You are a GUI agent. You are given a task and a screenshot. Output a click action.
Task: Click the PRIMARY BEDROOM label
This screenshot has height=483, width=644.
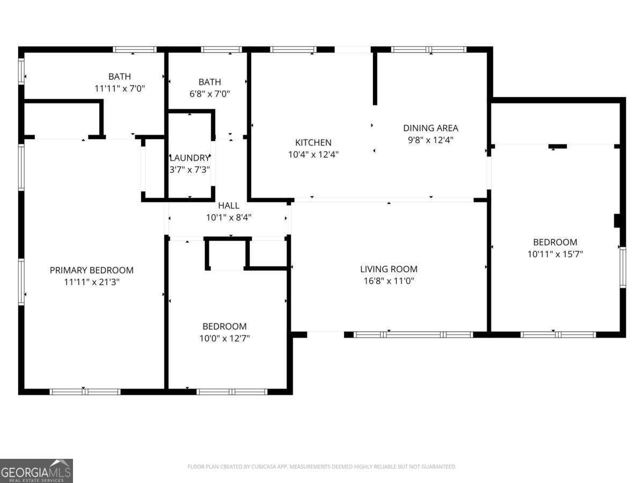click(92, 270)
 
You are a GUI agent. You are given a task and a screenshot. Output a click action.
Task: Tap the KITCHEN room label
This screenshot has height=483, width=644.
click(313, 143)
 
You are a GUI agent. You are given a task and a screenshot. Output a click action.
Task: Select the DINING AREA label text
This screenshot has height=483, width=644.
click(430, 128)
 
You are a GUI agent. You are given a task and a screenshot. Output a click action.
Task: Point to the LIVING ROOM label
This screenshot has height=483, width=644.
click(389, 269)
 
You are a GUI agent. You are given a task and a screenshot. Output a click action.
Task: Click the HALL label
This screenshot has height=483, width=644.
click(229, 206)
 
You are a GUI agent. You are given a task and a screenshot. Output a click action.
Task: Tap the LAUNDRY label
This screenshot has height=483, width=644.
click(189, 158)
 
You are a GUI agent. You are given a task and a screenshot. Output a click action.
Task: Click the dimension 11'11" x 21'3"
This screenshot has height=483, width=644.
click(92, 282)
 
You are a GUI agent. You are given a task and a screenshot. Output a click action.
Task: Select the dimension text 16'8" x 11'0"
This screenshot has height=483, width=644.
click(389, 281)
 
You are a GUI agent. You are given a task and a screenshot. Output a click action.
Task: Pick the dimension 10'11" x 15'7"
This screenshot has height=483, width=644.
click(555, 254)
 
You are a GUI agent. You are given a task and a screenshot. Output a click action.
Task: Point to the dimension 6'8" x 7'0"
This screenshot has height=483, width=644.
click(209, 93)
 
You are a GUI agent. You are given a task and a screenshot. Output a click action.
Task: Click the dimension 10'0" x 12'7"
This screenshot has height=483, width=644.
click(224, 338)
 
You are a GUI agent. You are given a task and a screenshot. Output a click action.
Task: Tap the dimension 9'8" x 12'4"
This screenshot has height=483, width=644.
click(430, 140)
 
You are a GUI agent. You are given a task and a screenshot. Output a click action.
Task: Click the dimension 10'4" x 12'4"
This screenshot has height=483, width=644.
click(313, 154)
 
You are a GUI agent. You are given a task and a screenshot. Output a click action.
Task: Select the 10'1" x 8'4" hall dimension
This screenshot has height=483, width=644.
click(229, 217)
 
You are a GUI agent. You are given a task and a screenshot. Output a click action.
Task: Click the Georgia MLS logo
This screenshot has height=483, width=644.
click(36, 471)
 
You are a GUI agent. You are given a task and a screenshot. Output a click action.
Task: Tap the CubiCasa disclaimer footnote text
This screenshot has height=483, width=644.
click(322, 467)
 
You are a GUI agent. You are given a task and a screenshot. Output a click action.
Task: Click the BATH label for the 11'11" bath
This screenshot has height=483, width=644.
click(120, 77)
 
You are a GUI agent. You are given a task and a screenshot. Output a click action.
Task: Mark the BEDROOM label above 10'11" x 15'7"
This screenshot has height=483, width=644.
click(555, 242)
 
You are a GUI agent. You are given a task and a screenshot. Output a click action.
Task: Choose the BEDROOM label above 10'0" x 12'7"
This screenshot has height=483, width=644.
click(224, 326)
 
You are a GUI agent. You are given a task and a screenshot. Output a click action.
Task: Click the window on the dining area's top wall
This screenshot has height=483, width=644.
click(428, 49)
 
